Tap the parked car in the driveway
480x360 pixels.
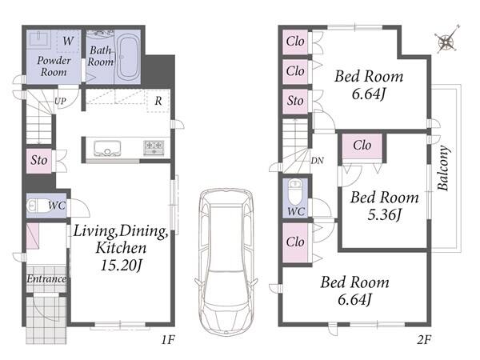coord(226,262)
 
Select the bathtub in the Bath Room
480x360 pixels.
coord(127,58)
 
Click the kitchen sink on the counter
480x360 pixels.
coord(107,148)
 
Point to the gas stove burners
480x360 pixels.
coord(154,147)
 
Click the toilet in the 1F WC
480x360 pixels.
coord(34,206)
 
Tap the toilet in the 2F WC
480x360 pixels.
coord(295,192)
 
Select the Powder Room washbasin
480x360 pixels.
coord(39,39)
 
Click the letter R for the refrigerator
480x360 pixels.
coord(158,101)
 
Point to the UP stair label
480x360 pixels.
coord(60,101)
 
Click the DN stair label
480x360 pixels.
coord(317,161)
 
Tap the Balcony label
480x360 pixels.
coord(443,168)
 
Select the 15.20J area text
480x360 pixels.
coord(122,265)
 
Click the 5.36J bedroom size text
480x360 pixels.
coord(384,214)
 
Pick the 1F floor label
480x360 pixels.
coord(168,339)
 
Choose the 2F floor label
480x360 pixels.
coord(424,339)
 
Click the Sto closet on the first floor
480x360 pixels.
coord(39,161)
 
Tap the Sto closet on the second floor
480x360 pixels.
coord(295,101)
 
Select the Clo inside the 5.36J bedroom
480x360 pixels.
coord(362,146)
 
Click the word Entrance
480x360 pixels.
coord(46,279)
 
